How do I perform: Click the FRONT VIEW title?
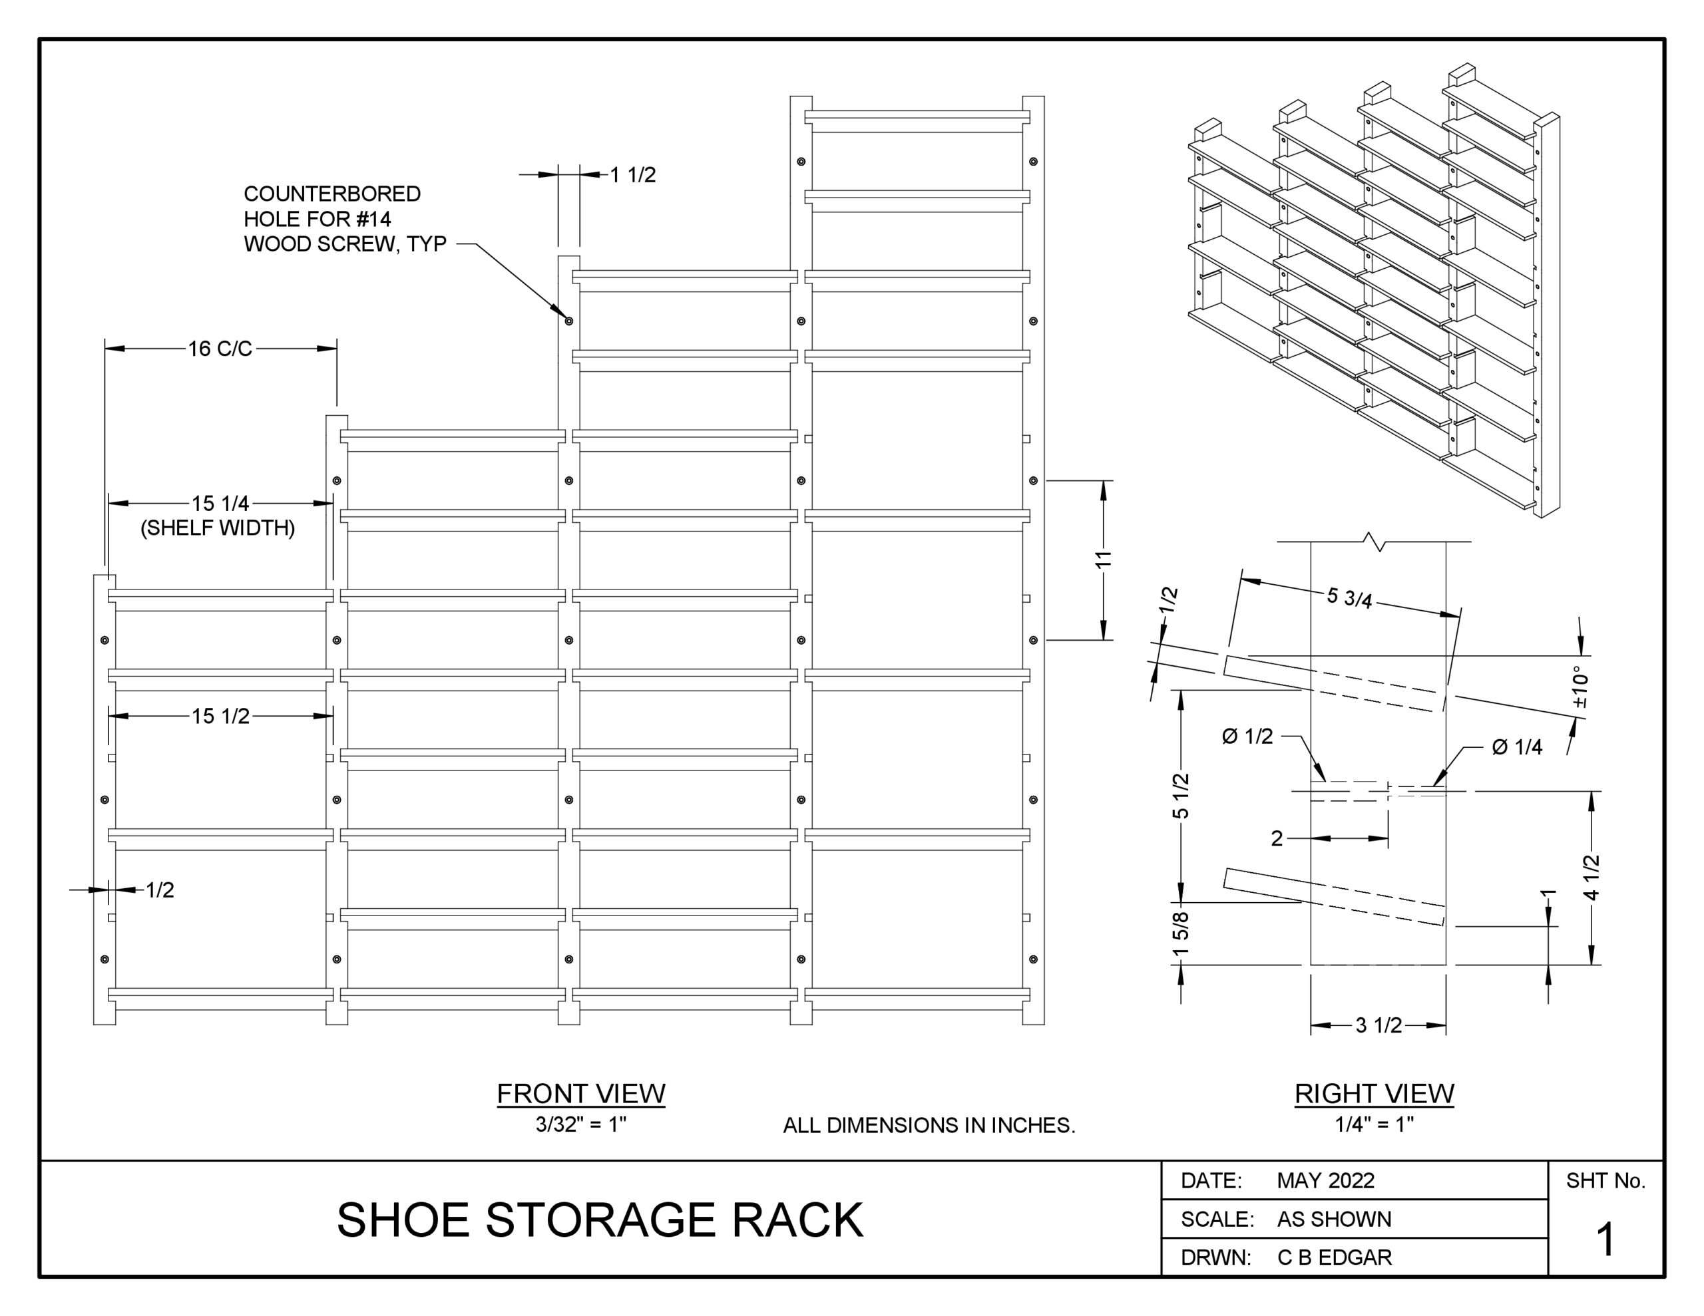tap(580, 1093)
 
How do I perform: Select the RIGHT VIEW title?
tap(1374, 1093)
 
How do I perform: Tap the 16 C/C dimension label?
tap(220, 349)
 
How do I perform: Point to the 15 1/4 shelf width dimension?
tap(220, 503)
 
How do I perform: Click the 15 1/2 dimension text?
tap(221, 716)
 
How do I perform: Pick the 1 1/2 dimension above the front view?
tap(633, 175)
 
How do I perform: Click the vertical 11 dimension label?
tap(1103, 560)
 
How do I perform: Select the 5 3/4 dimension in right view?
tap(1350, 597)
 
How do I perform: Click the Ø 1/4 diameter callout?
tap(1516, 747)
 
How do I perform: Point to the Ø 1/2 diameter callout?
tap(1247, 736)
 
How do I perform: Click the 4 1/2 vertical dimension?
tap(1592, 878)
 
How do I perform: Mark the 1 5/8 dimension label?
tap(1181, 933)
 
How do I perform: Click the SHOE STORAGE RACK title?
tap(600, 1220)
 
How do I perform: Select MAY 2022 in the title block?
tap(1326, 1180)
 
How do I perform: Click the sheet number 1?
tap(1605, 1239)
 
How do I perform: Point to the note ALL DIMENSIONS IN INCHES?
tap(929, 1125)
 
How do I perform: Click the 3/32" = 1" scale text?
tap(580, 1124)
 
